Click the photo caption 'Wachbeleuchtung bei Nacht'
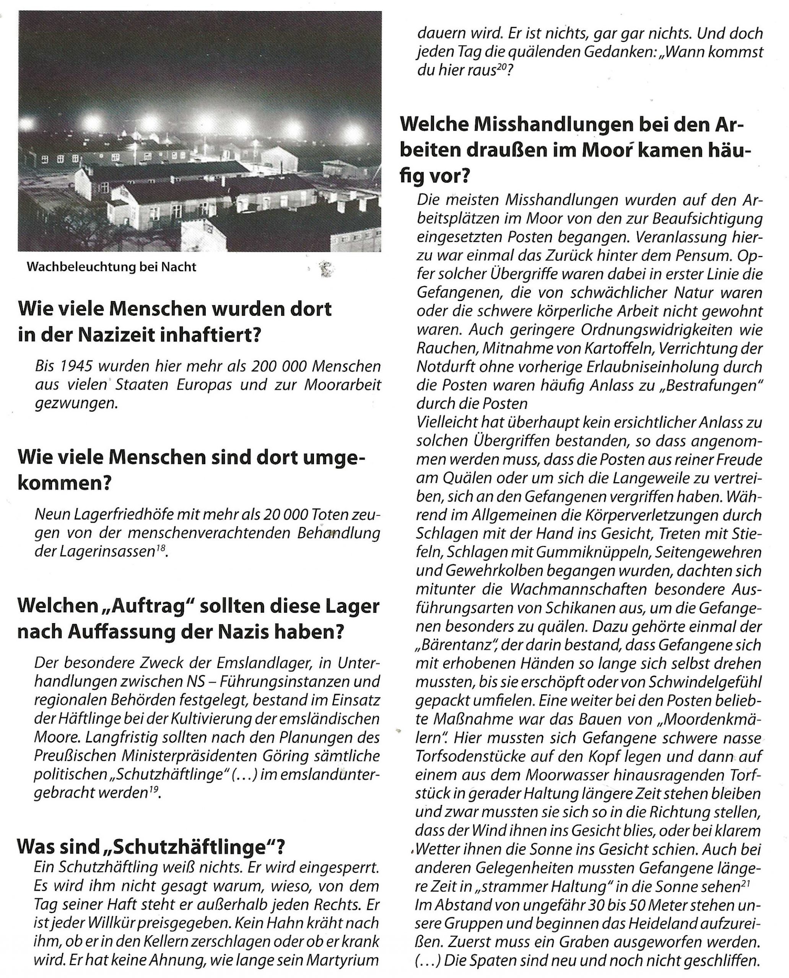[111, 267]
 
